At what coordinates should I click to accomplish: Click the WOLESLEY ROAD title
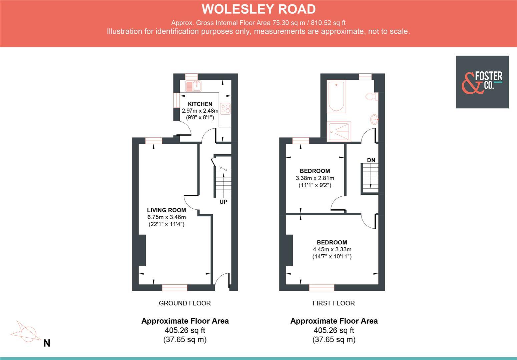pos(258,9)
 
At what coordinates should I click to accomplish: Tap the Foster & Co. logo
pos(482,82)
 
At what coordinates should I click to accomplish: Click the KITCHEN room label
pos(200,104)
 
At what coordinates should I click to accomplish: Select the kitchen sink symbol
pos(193,86)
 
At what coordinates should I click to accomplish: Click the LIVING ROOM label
pos(166,210)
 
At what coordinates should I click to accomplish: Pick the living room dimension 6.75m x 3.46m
pos(166,217)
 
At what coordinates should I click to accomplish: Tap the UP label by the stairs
pos(223,202)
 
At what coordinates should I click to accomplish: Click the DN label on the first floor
pos(371,160)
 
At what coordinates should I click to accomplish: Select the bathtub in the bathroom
pos(336,96)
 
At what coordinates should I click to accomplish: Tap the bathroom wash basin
pos(375,119)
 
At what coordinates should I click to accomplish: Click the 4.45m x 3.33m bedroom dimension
pos(332,249)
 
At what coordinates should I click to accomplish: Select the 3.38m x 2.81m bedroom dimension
pos(315,178)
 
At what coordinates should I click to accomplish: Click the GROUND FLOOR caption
pos(184,303)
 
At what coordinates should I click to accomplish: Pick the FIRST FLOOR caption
pos(334,303)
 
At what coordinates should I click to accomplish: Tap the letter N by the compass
pos(47,343)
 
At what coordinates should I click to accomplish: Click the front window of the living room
pos(174,287)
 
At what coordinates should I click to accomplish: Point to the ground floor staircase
pos(223,183)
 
